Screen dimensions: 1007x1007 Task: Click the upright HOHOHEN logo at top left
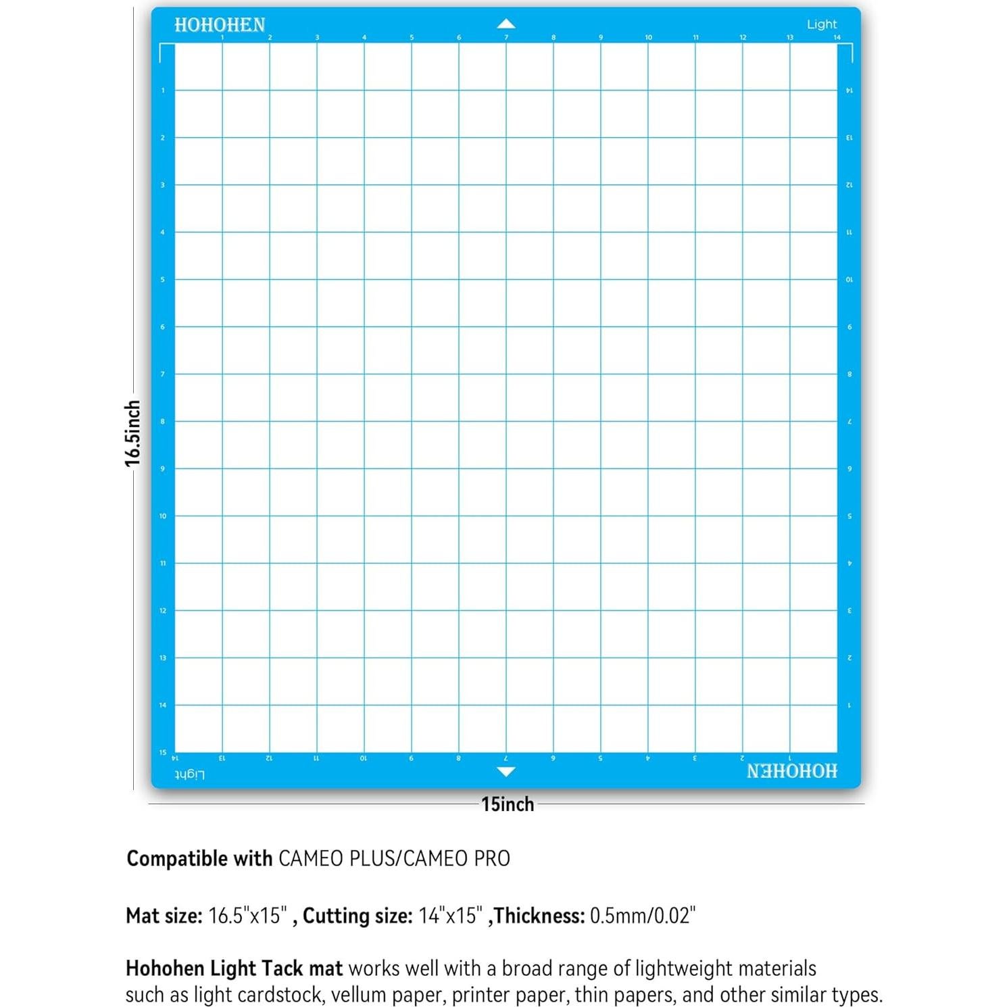pos(220,25)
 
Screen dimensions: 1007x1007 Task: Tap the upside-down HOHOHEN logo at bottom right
pos(791,771)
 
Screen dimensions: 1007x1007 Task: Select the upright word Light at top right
pos(821,24)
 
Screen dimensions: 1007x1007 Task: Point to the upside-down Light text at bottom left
pos(189,774)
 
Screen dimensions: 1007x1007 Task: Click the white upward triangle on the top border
pos(506,24)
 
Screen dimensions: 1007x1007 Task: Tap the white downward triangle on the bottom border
pos(506,771)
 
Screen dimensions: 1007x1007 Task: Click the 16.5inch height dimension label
pos(132,433)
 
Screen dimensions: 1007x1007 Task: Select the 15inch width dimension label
pos(508,804)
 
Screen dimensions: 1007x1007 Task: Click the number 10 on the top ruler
pos(648,38)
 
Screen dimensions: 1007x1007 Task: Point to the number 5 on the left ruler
pos(162,279)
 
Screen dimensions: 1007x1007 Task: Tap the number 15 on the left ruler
pos(162,752)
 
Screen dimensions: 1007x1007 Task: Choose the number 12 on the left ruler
pos(162,610)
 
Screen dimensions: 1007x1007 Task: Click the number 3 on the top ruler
pos(317,38)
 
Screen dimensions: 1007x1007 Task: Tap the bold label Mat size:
pos(164,916)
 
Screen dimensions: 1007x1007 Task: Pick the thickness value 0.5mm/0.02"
pos(643,916)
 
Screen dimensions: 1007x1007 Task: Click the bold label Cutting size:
pos(358,916)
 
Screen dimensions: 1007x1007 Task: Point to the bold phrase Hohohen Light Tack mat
pos(234,968)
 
